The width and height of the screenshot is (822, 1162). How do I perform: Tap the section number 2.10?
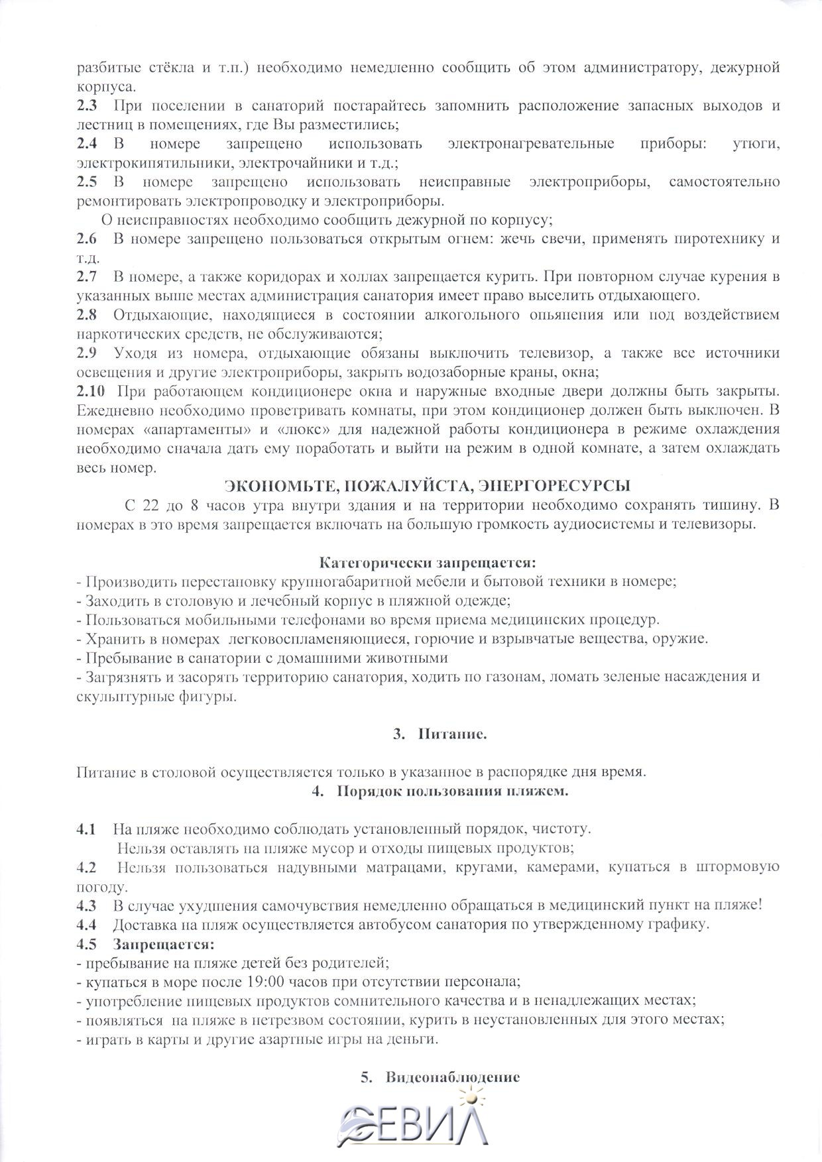[x=90, y=392]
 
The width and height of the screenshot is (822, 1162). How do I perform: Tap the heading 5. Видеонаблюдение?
[x=440, y=1077]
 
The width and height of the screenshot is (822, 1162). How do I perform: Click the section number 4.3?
[x=86, y=905]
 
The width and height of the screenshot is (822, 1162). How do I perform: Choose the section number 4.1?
[x=86, y=829]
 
